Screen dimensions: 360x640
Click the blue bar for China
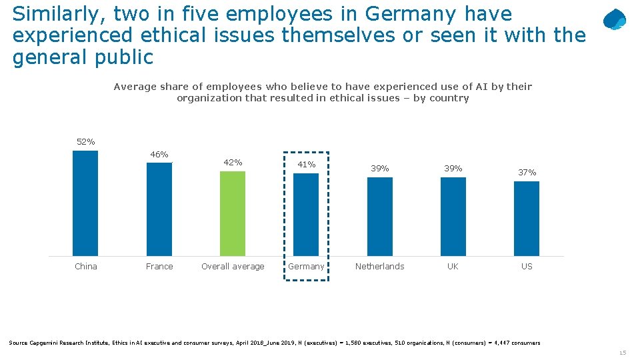tap(85, 203)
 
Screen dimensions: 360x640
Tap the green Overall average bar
tap(233, 213)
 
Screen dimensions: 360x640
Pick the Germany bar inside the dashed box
tap(306, 214)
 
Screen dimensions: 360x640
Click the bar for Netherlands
tap(380, 216)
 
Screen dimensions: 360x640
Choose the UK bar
tap(453, 216)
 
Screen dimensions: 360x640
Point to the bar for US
tap(527, 218)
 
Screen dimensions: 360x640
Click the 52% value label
tap(85, 141)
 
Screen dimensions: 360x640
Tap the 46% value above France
tap(159, 154)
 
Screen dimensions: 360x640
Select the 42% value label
tap(233, 162)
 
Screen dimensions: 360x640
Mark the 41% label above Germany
tap(306, 164)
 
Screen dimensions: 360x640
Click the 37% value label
tap(527, 172)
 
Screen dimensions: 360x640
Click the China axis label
tap(85, 266)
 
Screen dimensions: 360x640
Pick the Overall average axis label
tap(233, 266)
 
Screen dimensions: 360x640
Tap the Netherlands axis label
tap(380, 266)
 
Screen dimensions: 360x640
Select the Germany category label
tap(306, 266)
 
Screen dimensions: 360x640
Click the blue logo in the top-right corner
tap(614, 20)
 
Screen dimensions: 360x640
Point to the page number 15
tap(622, 353)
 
